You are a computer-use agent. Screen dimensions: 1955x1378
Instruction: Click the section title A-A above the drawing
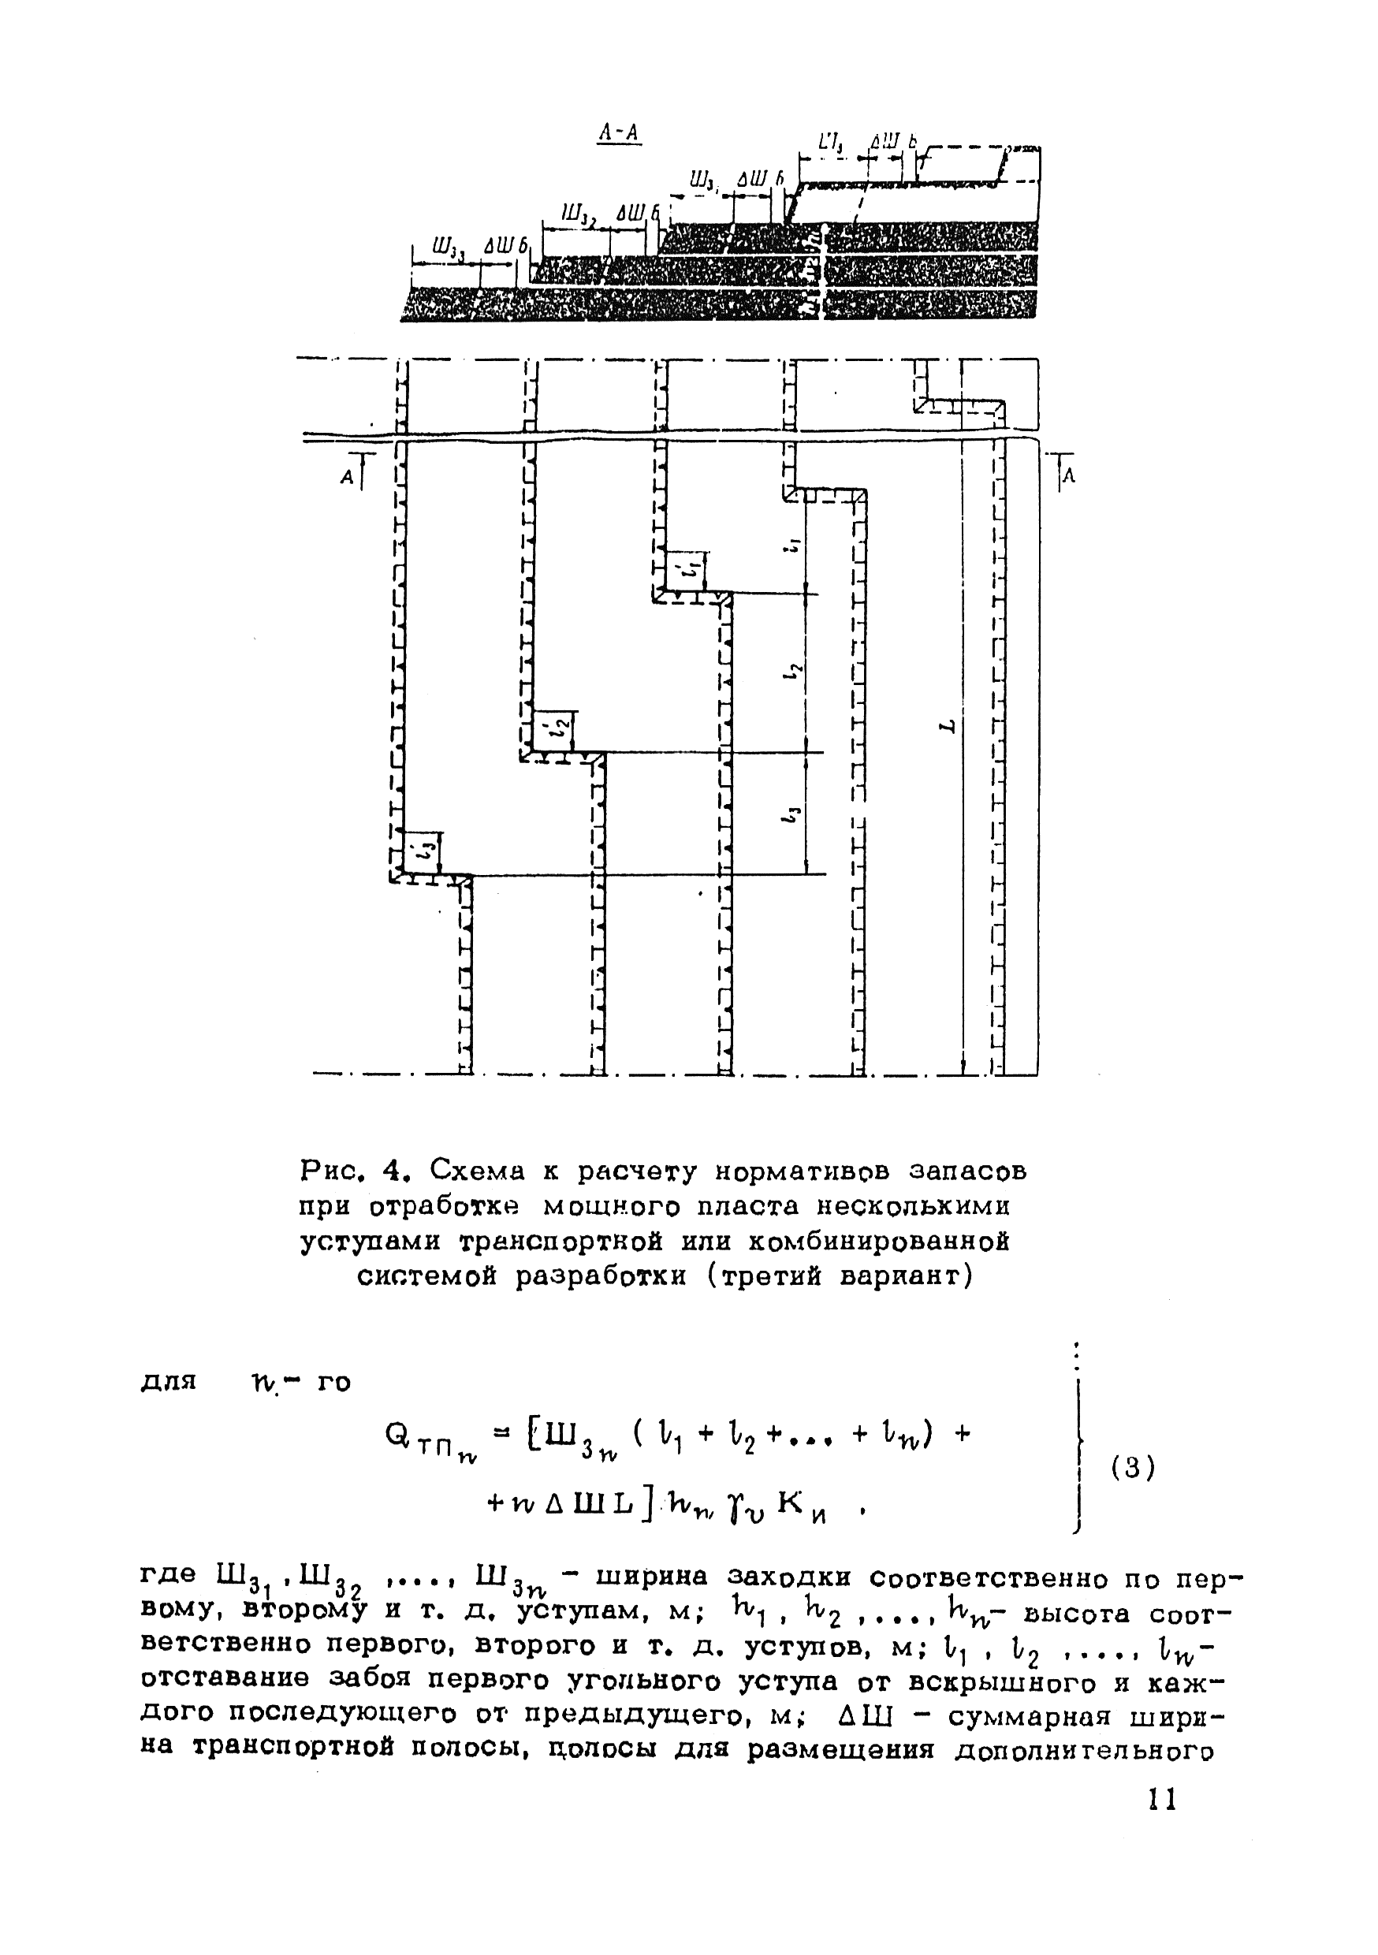619,133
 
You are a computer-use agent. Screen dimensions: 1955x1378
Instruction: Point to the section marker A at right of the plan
1070,478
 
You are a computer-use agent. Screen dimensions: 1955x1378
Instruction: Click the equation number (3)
1133,1467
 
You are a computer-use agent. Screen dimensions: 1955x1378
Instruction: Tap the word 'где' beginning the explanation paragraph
167,1574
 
